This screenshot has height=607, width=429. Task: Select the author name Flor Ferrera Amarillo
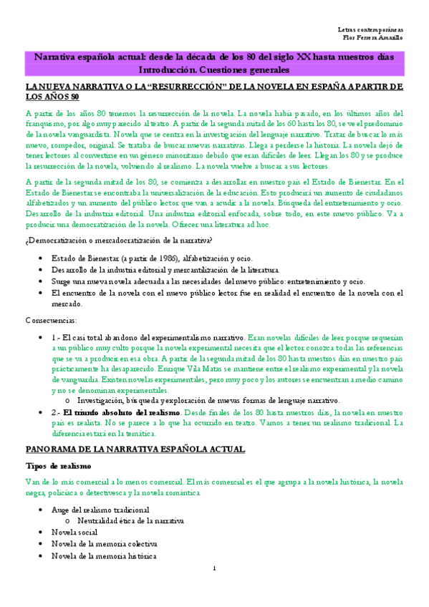373,37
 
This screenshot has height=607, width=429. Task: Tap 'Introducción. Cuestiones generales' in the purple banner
214,70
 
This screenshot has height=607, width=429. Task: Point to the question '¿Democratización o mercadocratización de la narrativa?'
119,239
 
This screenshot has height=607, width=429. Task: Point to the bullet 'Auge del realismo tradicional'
100,510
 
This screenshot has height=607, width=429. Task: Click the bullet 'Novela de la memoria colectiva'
104,544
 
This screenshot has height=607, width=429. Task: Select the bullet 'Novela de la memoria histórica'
103,555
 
